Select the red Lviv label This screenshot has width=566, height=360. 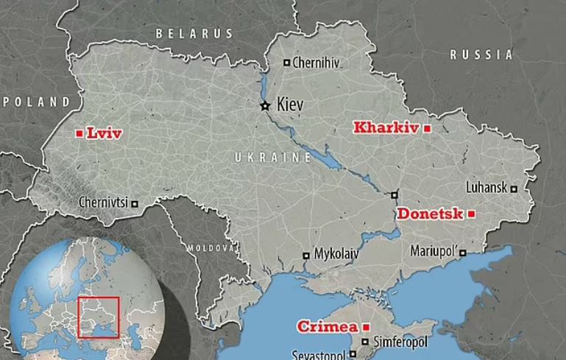coord(104,133)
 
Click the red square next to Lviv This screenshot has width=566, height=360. coord(79,133)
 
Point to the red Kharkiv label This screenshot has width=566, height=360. coord(386,127)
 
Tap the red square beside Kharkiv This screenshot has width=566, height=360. coord(426,127)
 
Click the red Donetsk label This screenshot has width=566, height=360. coord(431,213)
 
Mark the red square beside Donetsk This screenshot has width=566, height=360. coord(471,213)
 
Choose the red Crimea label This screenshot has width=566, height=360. coord(328,326)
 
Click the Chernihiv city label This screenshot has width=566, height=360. coord(316,63)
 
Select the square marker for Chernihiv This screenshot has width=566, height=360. coord(287,63)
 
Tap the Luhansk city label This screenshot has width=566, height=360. coord(486,188)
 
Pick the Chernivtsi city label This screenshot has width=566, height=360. coord(103,202)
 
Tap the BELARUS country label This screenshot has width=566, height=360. coord(194,33)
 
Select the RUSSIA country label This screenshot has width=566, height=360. coord(481,54)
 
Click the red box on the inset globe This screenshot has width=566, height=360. coord(98,317)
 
